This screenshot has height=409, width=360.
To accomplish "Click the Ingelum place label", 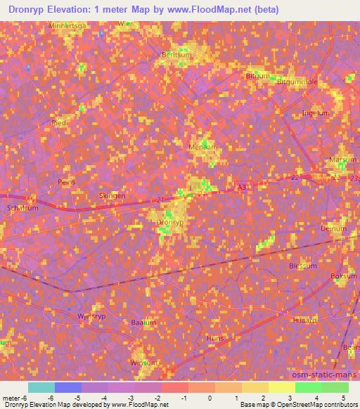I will click(x=314, y=112).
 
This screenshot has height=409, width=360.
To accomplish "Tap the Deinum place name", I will click(x=334, y=228).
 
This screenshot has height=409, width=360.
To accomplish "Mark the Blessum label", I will click(x=304, y=266).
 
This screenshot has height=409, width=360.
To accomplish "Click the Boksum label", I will click(x=344, y=276).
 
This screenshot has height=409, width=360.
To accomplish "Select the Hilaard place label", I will click(x=305, y=319).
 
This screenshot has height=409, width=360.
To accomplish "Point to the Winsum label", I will click(x=144, y=363).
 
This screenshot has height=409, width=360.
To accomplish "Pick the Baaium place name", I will click(x=143, y=323).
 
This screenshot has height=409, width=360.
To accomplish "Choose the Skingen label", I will click(x=112, y=196).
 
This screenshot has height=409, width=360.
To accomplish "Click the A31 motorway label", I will click(x=243, y=188).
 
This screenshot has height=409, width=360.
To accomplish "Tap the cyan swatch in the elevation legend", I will click(x=41, y=387).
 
